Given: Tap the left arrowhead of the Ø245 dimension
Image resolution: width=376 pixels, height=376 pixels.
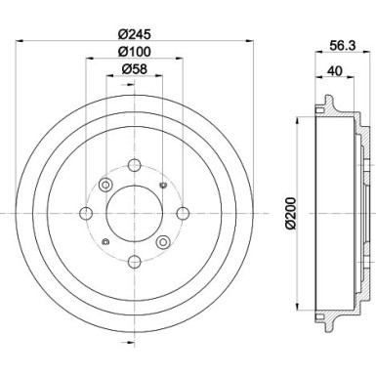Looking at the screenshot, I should pyautogui.click(x=21, y=39).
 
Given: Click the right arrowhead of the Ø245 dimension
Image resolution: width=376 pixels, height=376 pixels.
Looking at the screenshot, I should pyautogui.click(x=247, y=39).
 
